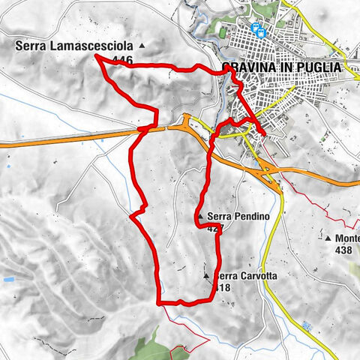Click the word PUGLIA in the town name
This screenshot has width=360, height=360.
(319, 67)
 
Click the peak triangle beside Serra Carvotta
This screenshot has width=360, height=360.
(206, 277)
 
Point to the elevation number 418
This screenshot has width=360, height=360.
(223, 287)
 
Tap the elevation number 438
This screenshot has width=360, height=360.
(344, 250)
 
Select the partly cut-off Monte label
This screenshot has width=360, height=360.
(347, 238)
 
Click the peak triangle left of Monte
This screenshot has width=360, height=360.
(328, 238)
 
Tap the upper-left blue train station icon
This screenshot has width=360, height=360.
(256, 30)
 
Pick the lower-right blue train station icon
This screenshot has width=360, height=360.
(262, 34)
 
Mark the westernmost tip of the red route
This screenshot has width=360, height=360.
(97, 57)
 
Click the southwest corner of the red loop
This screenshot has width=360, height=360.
(159, 303)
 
